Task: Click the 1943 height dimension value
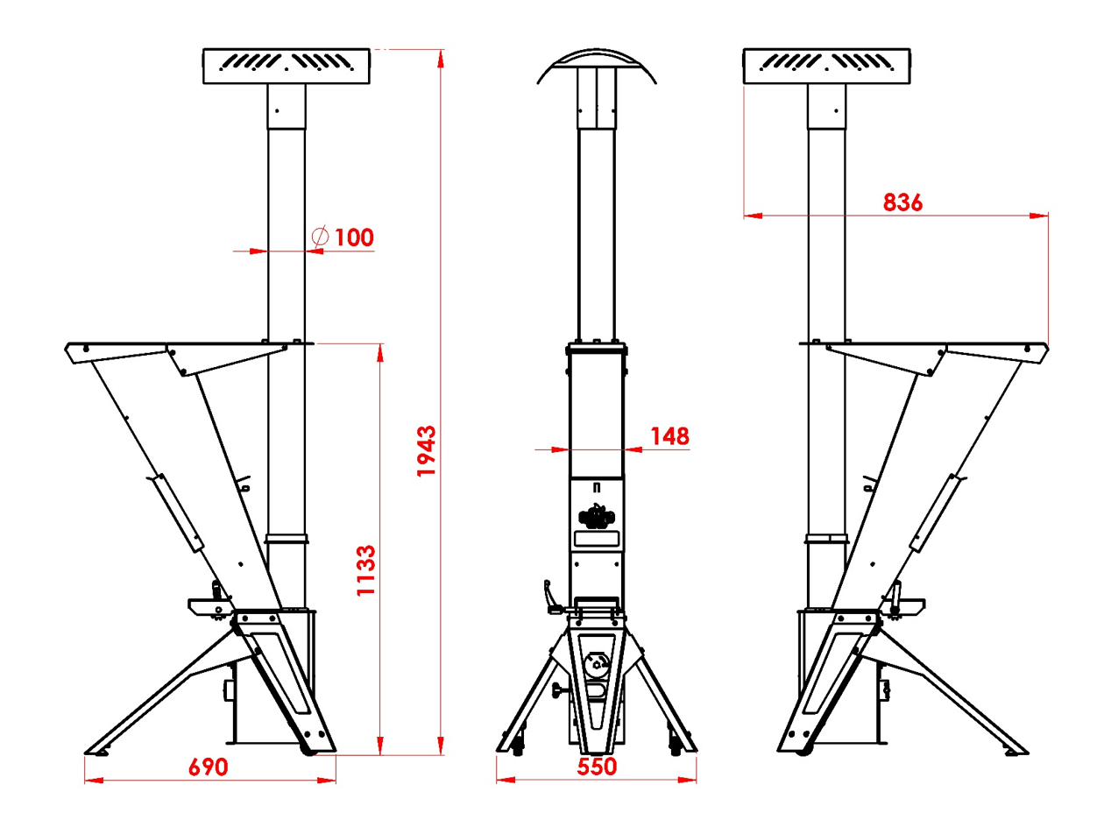[x=426, y=450]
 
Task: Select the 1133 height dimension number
[x=365, y=570]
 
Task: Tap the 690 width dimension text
[x=209, y=767]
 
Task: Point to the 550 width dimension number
[x=597, y=767]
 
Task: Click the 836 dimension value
[x=902, y=202]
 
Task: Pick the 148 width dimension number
[x=670, y=436]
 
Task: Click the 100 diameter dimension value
[x=354, y=237]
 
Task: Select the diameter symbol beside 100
[x=320, y=236]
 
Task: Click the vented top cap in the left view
[x=287, y=66]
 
